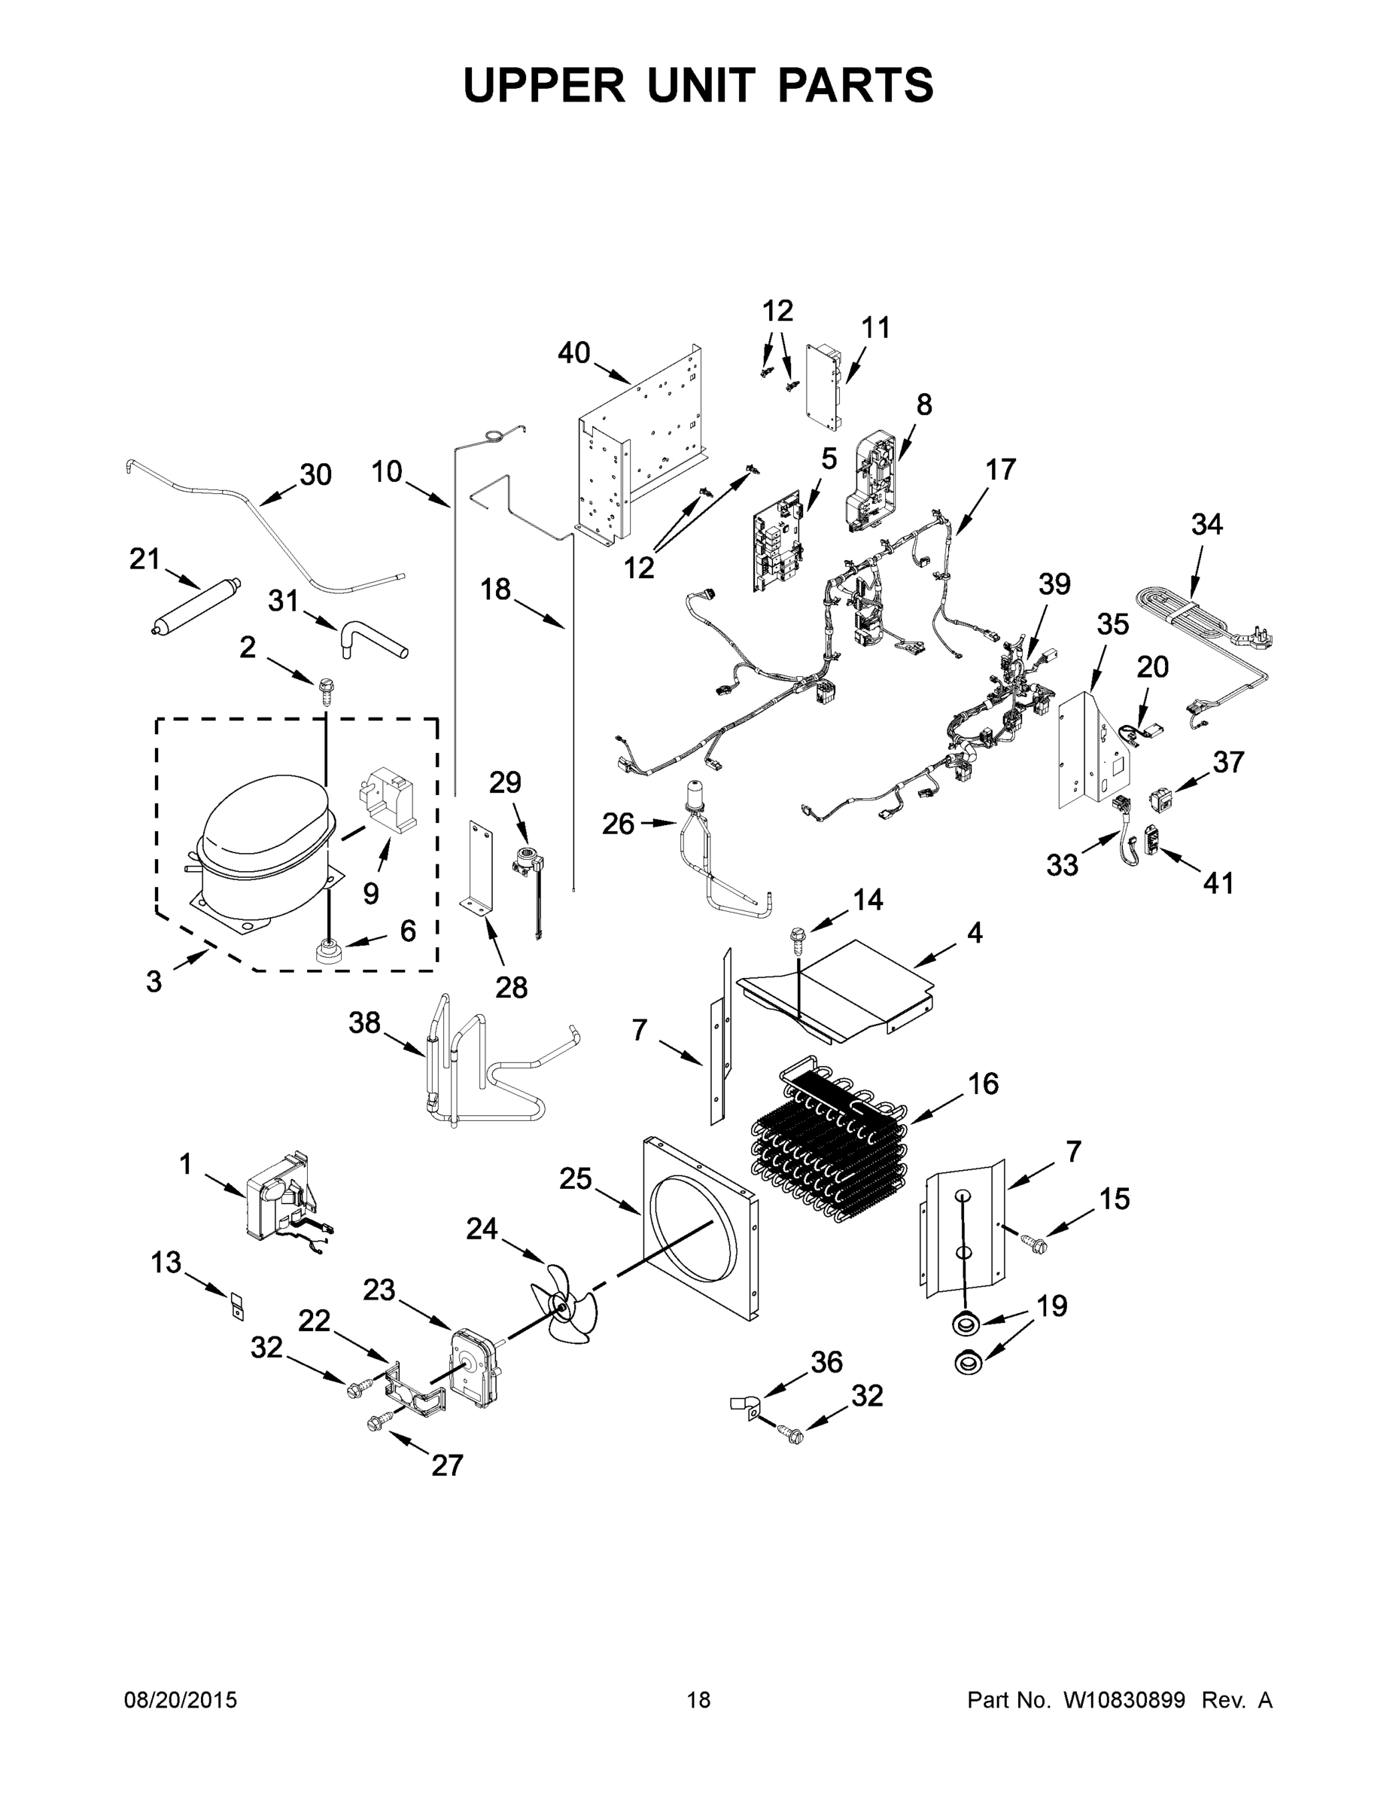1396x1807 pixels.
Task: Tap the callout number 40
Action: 574,353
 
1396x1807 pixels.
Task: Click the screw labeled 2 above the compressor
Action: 325,687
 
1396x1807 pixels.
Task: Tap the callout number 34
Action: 1206,524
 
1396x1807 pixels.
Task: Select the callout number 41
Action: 1218,883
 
